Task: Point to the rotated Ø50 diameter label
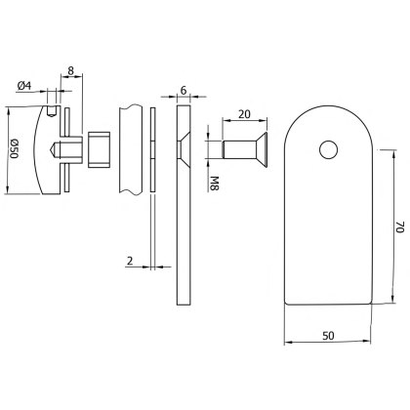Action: tap(15, 148)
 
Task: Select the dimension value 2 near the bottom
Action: tap(131, 262)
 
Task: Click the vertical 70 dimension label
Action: tap(398, 227)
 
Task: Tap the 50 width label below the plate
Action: tap(327, 336)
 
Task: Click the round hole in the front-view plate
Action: tap(328, 148)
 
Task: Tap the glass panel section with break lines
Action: tap(130, 149)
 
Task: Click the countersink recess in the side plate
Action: tap(181, 149)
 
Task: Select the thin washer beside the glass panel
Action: tap(153, 149)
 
